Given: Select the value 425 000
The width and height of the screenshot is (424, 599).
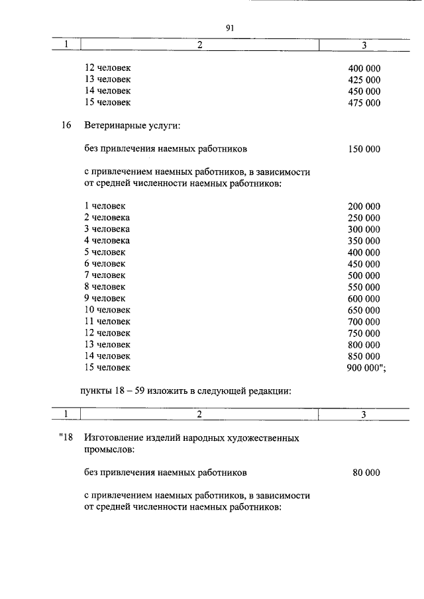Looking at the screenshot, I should tap(364, 79).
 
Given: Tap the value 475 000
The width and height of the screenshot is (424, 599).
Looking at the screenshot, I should tap(364, 102).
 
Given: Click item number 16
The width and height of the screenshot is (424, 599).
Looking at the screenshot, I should tap(66, 125).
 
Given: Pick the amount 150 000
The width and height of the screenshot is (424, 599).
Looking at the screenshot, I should tap(364, 149).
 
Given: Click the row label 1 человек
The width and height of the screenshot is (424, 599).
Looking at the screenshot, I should tap(104, 206).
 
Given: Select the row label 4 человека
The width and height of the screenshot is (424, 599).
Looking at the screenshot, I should tap(107, 240).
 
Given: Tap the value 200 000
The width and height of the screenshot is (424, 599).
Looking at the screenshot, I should tap(364, 207).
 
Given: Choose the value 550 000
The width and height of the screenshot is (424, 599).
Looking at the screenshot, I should tap(364, 287).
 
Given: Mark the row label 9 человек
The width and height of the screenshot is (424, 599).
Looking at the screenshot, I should tap(104, 298).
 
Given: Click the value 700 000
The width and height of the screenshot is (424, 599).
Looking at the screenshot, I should tap(364, 321).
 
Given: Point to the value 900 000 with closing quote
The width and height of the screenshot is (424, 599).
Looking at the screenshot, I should tap(366, 367).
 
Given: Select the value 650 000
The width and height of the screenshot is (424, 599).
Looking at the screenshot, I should tap(364, 310).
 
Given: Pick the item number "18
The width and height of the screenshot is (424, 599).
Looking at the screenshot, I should tap(64, 438).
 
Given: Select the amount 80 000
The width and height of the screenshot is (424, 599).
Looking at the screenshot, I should tap(366, 473).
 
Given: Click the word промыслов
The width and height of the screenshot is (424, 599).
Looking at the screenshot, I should tap(109, 449).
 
